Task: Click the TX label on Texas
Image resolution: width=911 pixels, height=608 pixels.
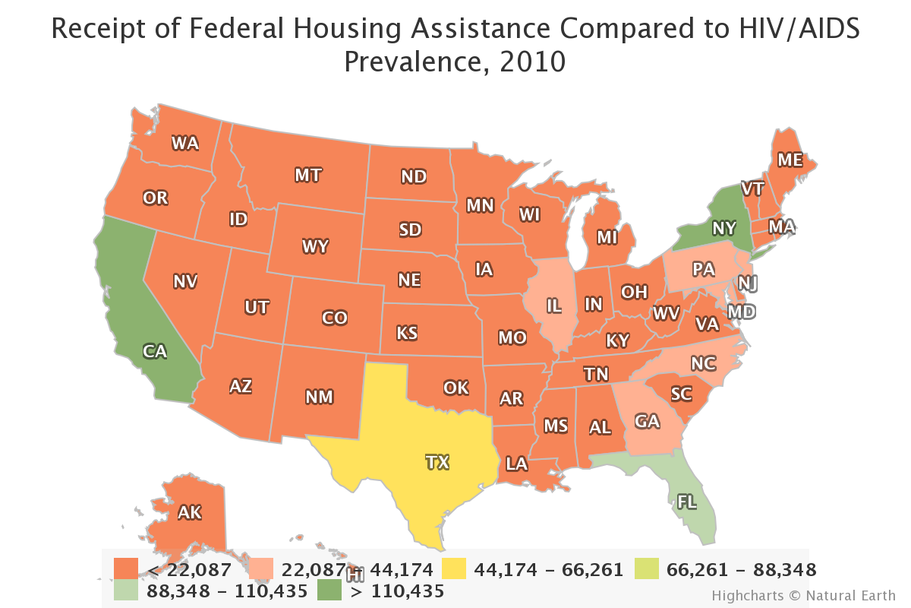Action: point(437,461)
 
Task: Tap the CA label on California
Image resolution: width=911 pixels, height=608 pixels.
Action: point(155,351)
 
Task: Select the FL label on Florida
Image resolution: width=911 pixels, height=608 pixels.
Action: point(686,501)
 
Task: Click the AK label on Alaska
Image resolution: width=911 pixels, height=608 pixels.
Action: point(189,512)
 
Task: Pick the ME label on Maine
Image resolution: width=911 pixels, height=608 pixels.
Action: point(790,160)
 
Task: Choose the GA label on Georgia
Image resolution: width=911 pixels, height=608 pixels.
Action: point(648,421)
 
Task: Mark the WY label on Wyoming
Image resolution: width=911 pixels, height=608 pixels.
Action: point(314,246)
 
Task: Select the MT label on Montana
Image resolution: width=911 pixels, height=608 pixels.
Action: point(307,176)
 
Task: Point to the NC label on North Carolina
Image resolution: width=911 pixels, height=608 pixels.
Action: point(703,363)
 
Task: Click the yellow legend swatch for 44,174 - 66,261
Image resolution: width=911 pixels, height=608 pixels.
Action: point(462,569)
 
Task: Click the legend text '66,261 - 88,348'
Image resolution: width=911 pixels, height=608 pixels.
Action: point(740,569)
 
